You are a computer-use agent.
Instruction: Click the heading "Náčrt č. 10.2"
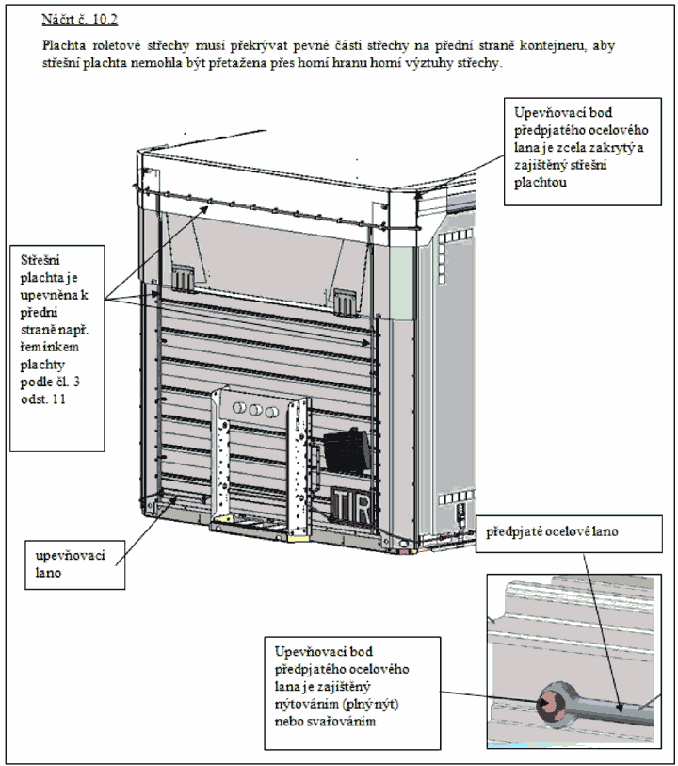click(x=79, y=20)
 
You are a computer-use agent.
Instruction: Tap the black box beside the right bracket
click(x=346, y=452)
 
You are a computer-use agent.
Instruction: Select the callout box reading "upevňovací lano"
click(x=75, y=564)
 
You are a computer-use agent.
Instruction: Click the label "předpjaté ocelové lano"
click(x=552, y=531)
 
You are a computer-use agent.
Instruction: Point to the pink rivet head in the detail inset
click(x=550, y=704)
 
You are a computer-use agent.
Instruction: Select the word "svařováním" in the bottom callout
click(x=325, y=722)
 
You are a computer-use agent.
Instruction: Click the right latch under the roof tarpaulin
click(x=345, y=302)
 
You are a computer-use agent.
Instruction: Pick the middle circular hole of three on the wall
click(x=255, y=409)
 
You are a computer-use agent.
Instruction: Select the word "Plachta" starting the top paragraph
click(x=64, y=45)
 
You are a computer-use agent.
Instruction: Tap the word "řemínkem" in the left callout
click(x=49, y=347)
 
